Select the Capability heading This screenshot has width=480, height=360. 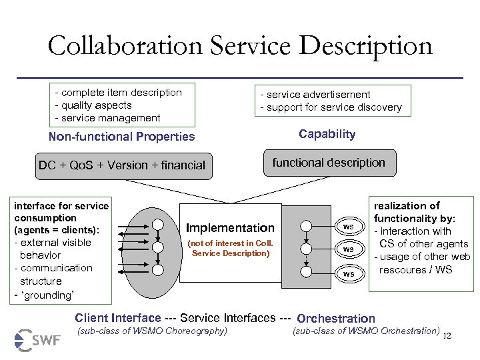click(x=327, y=134)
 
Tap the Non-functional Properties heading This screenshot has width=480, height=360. click(x=122, y=137)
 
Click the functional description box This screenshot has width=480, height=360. click(x=329, y=163)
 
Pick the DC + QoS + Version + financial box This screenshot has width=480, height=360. click(x=122, y=165)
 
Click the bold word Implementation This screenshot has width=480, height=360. click(x=230, y=228)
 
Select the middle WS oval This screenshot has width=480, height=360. click(x=348, y=249)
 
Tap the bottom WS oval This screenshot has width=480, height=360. click(x=348, y=274)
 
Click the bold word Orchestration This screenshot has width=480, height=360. click(x=336, y=319)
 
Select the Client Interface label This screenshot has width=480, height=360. click(x=118, y=318)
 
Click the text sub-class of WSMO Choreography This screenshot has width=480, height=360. click(x=153, y=331)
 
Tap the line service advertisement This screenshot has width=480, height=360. click(x=315, y=95)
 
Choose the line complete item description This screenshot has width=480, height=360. click(x=118, y=93)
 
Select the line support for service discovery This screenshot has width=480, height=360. click(x=331, y=107)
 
